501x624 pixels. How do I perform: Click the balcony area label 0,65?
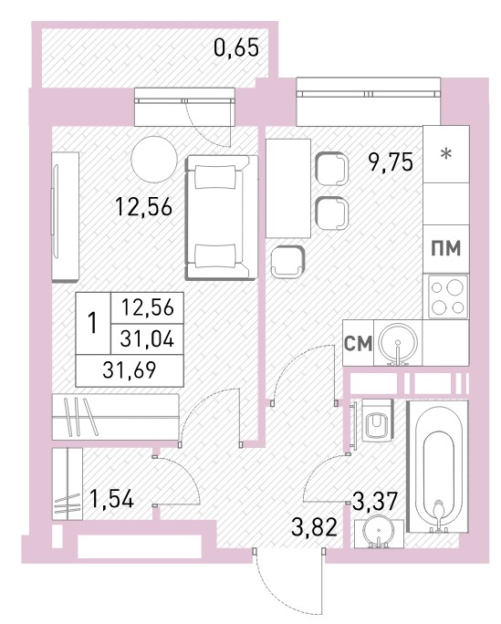click(x=236, y=47)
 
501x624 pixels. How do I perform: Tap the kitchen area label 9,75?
click(x=391, y=162)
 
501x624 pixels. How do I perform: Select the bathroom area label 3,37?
click(x=374, y=501)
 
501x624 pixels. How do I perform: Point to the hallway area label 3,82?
click(x=314, y=527)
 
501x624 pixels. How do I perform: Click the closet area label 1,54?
click(x=111, y=499)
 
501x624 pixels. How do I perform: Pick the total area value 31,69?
click(x=130, y=370)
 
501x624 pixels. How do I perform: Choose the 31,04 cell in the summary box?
click(x=147, y=339)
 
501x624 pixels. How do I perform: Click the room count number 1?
click(x=93, y=323)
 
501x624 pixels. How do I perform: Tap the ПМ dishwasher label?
click(x=446, y=249)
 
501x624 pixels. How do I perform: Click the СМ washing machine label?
click(x=358, y=344)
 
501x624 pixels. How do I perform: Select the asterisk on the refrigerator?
click(x=446, y=153)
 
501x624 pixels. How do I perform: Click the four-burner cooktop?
click(x=448, y=296)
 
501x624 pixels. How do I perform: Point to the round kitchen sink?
click(x=398, y=343)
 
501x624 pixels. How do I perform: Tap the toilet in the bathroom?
click(x=377, y=421)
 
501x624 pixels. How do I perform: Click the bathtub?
click(x=437, y=466)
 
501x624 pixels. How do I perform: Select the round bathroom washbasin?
click(x=378, y=532)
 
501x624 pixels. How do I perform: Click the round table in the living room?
click(x=154, y=159)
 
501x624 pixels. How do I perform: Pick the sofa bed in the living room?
click(x=221, y=218)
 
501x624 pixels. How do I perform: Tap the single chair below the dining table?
click(x=287, y=262)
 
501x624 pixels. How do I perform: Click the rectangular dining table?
click(x=288, y=188)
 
